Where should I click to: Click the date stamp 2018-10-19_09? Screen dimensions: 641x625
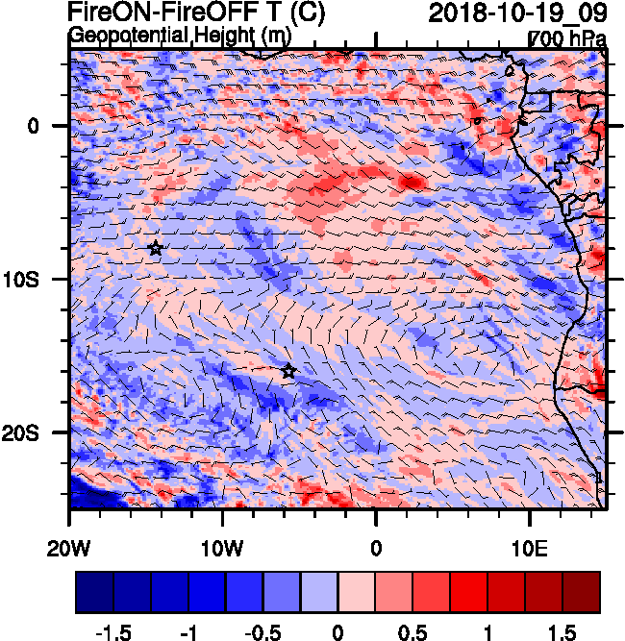[x=517, y=12]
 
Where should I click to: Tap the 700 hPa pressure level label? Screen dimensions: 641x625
[x=569, y=38]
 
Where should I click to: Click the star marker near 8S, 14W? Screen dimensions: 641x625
[x=156, y=248]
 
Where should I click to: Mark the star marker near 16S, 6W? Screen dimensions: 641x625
[x=288, y=371]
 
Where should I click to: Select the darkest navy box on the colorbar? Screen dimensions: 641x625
[x=94, y=593]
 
